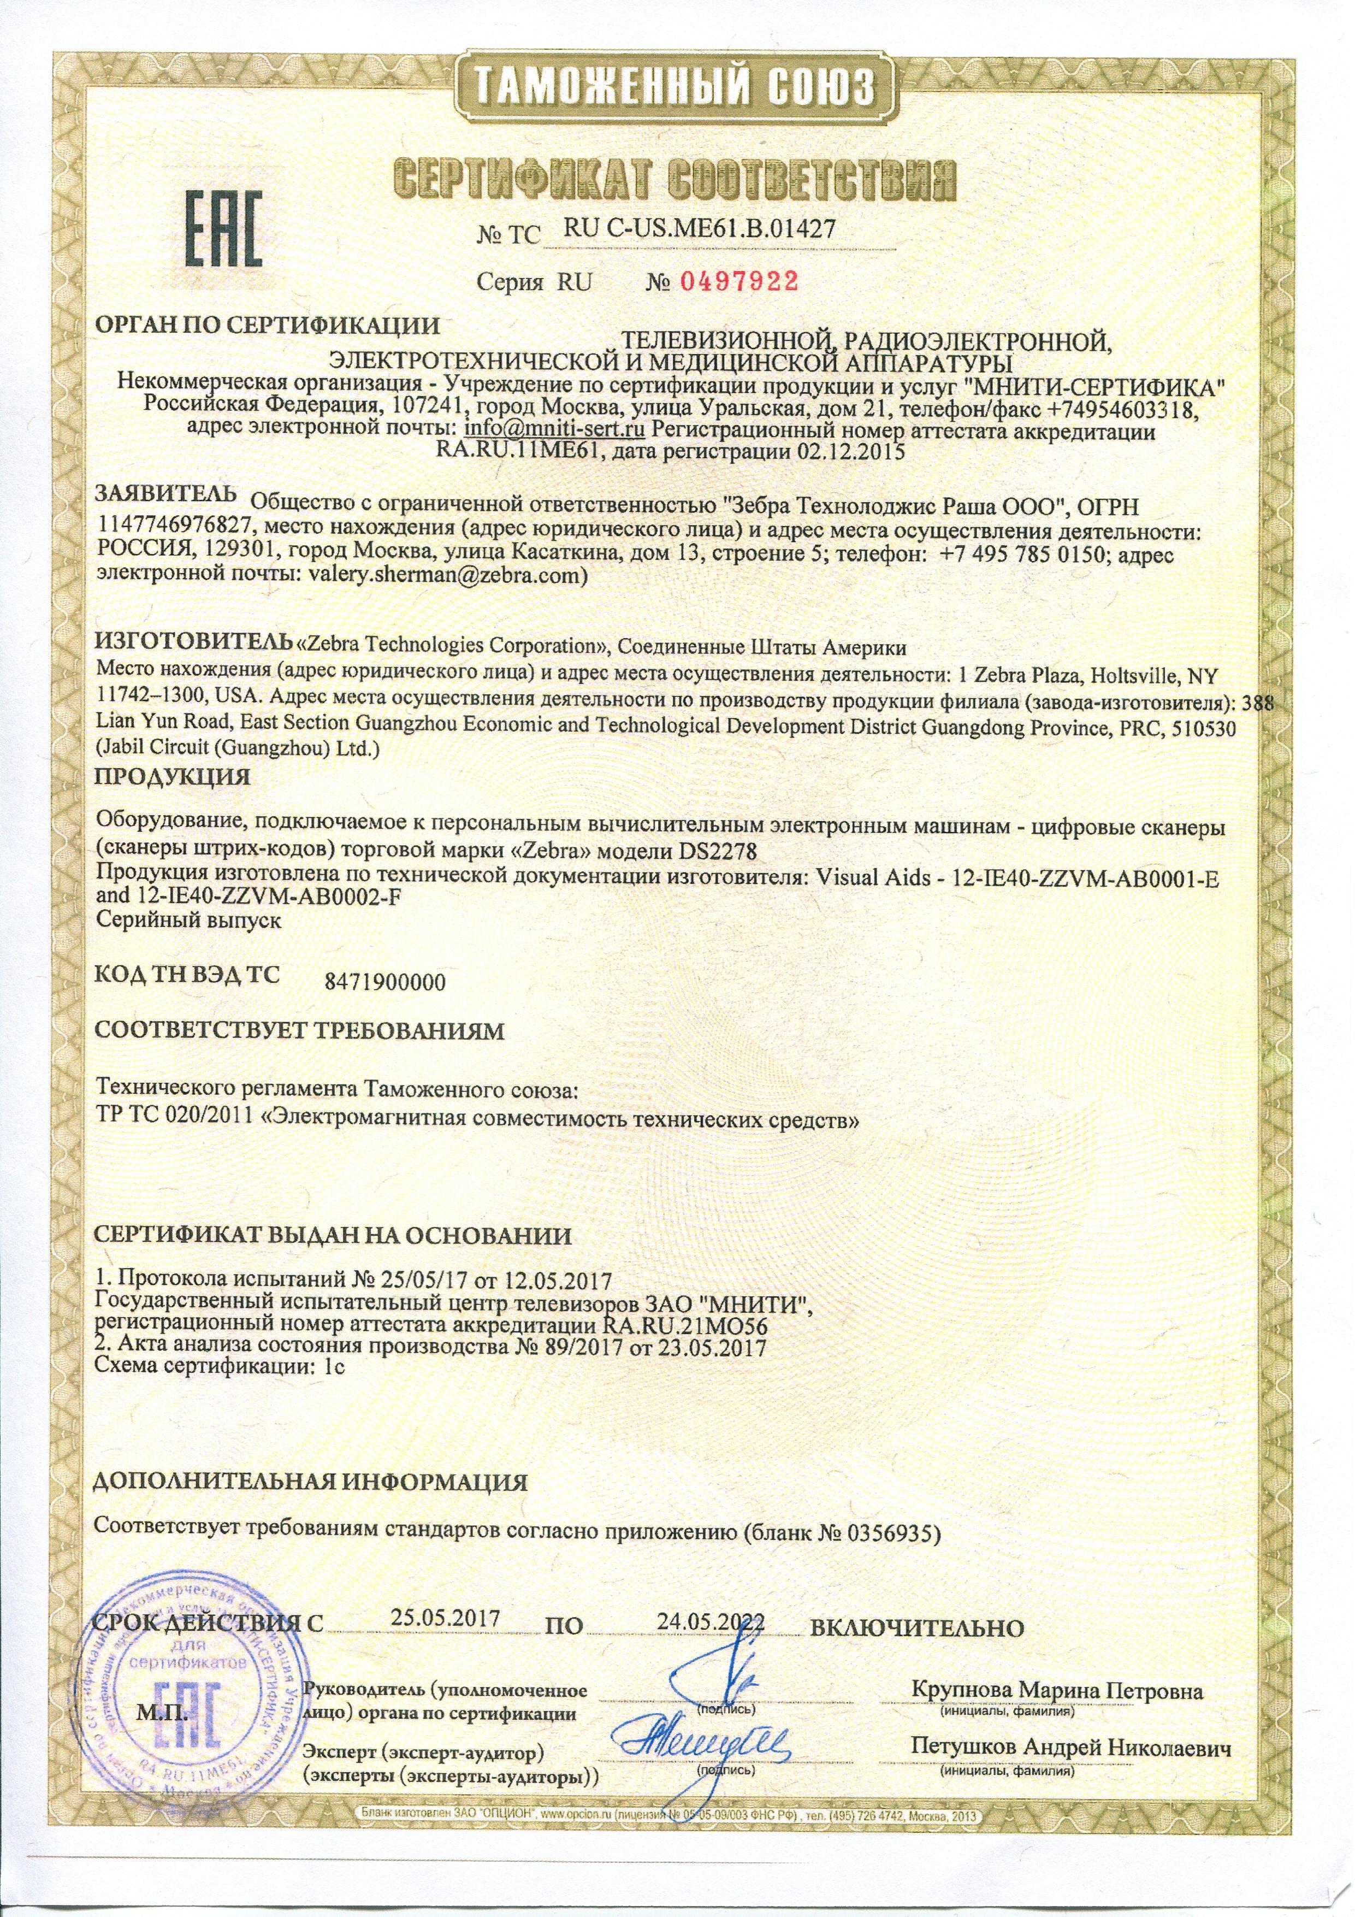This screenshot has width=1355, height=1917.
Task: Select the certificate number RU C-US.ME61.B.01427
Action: click(700, 228)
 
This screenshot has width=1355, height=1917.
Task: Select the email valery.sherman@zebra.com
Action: click(447, 575)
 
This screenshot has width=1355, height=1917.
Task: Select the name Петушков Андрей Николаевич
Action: click(1071, 1747)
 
